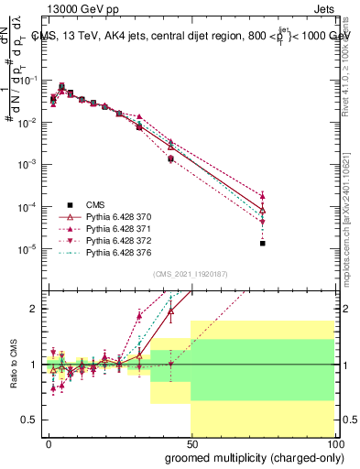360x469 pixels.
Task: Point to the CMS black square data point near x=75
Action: click(x=263, y=243)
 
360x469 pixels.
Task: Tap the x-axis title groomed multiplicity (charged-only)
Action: click(x=253, y=456)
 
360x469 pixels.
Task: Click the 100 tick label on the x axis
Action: click(x=335, y=442)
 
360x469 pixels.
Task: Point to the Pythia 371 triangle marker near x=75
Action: click(x=263, y=196)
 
